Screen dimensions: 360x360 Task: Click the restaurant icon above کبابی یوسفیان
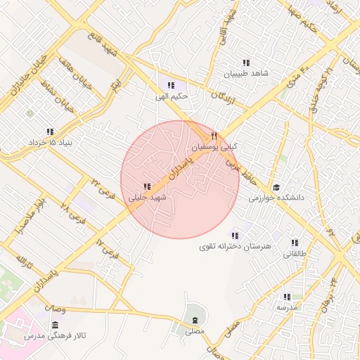[x=215, y=136]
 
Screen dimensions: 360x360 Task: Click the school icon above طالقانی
[x=294, y=242]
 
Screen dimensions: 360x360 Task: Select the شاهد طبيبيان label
[x=246, y=73]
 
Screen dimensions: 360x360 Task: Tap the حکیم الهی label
[x=170, y=96]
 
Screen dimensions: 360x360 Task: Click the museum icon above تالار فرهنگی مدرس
[x=55, y=324]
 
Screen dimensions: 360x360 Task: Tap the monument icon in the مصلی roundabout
[x=194, y=320]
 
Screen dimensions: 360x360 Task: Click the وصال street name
[x=59, y=309]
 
